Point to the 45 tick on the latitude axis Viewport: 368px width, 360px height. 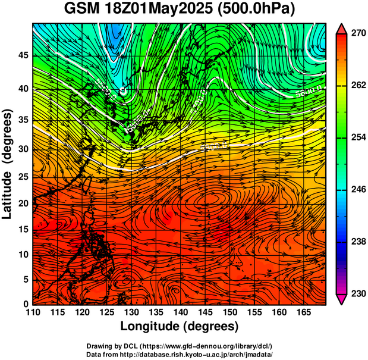23,56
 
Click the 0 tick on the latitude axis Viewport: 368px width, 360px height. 26,304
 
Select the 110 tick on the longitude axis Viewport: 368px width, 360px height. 33,312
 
